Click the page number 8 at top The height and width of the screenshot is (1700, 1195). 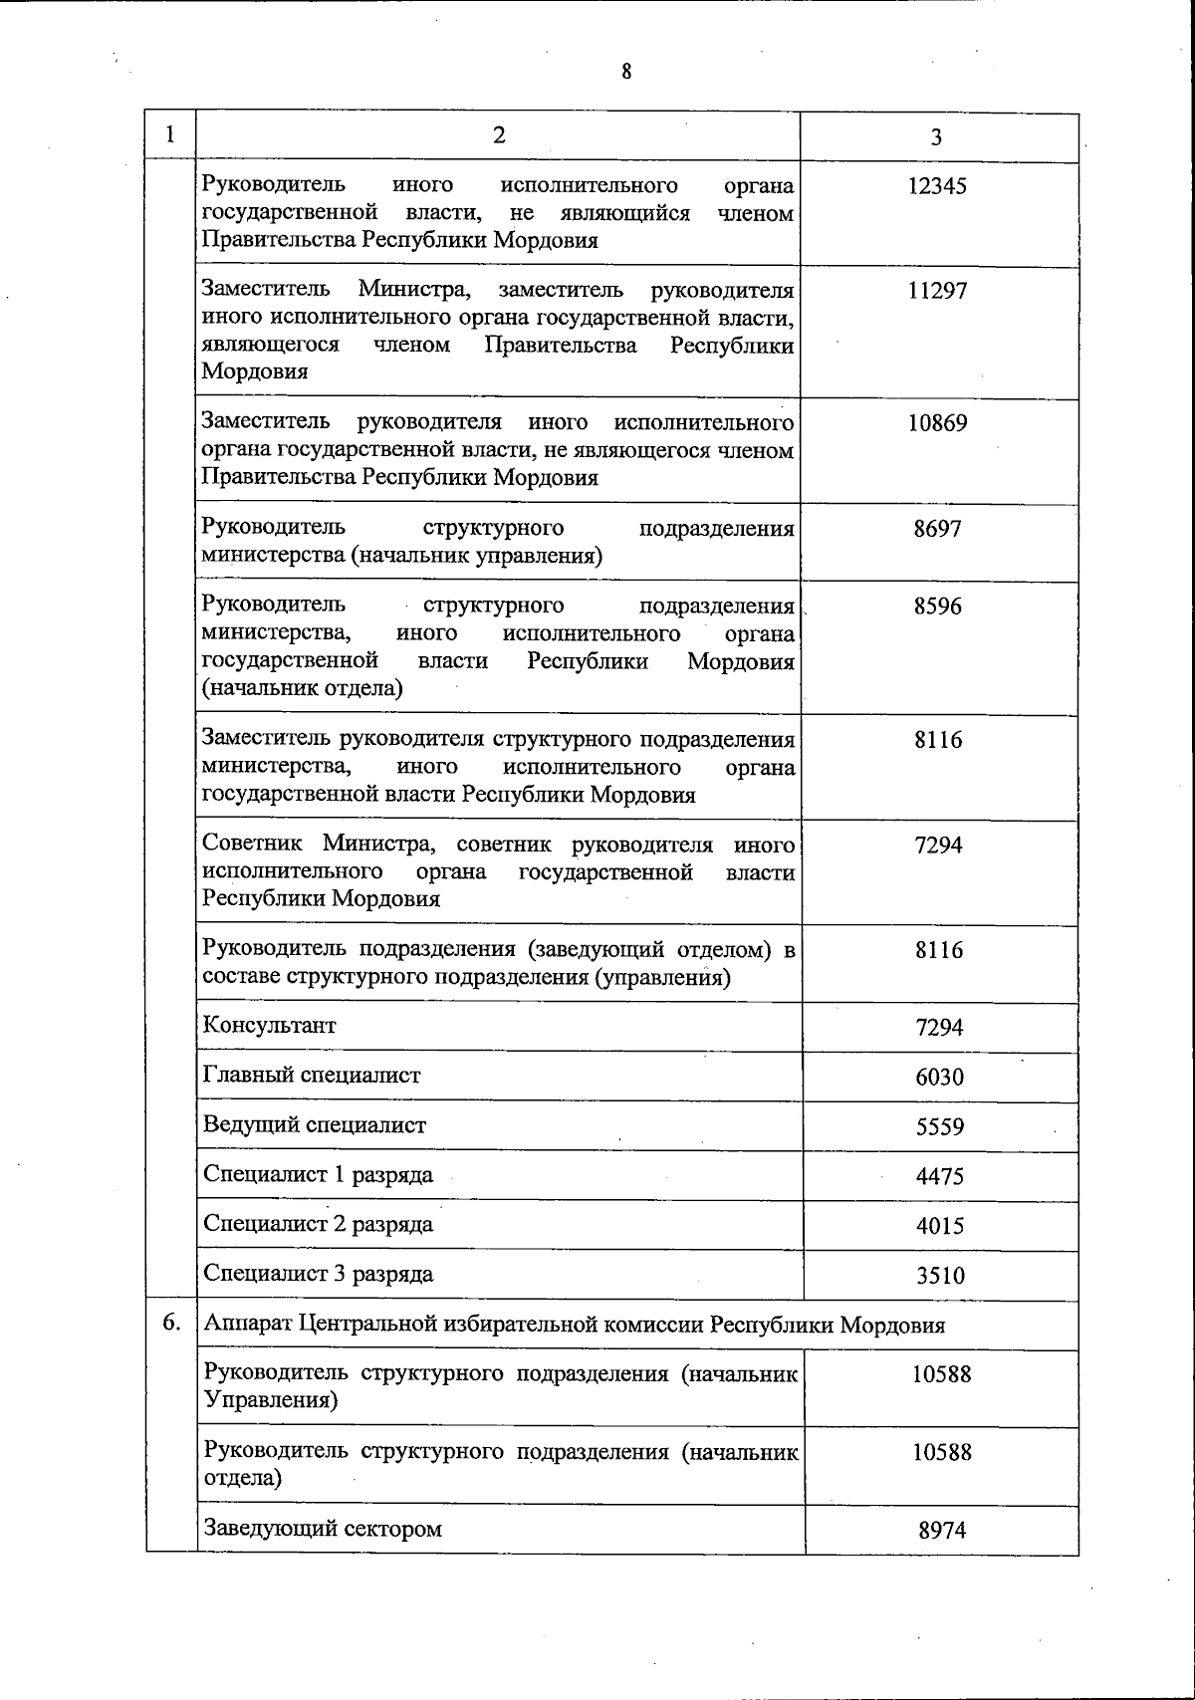click(x=625, y=71)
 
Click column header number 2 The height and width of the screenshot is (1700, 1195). click(x=498, y=135)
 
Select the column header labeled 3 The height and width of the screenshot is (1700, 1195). click(x=936, y=138)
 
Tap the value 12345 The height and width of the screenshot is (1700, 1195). click(x=937, y=186)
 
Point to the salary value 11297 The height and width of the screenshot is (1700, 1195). click(x=937, y=291)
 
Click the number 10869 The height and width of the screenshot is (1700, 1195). click(x=937, y=423)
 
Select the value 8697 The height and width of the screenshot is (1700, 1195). click(x=938, y=529)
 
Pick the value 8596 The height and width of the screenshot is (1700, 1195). click(x=938, y=607)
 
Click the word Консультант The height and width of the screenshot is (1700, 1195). click(x=270, y=1026)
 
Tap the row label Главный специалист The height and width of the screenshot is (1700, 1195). click(x=312, y=1076)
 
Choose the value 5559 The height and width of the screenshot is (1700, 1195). click(x=940, y=1127)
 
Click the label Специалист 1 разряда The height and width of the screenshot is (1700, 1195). click(x=318, y=1175)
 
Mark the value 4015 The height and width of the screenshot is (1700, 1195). click(x=940, y=1226)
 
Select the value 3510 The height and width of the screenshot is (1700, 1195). click(x=940, y=1276)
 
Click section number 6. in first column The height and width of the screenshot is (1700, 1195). click(x=171, y=1324)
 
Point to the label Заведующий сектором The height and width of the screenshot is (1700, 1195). click(x=323, y=1528)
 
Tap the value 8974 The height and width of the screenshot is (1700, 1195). click(x=942, y=1531)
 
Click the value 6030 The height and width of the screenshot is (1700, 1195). click(x=940, y=1078)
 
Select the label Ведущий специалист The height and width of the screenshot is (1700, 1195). click(x=315, y=1125)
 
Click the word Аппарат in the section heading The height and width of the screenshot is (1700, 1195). click(x=245, y=1326)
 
